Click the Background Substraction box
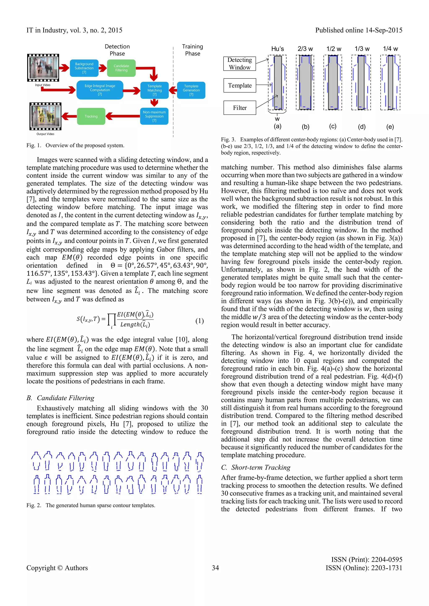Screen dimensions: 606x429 (84, 68)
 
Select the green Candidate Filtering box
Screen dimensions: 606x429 (121, 68)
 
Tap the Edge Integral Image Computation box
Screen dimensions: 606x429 (100, 90)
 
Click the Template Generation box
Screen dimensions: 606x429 (191, 90)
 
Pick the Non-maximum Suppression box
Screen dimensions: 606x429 (154, 116)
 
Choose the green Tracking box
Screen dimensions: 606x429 (91, 116)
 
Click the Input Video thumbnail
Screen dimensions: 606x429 (43, 68)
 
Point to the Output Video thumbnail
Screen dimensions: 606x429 (45, 116)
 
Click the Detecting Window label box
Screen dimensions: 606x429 (240, 64)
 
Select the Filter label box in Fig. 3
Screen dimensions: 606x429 (240, 108)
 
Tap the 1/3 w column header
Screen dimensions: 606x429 (362, 49)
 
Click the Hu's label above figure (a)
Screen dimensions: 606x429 (277, 49)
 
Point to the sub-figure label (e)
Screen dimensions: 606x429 (390, 127)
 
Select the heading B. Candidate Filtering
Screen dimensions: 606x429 (60, 398)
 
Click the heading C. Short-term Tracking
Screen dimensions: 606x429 (256, 467)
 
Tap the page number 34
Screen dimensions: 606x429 (215, 568)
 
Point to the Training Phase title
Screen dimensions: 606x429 (193, 50)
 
